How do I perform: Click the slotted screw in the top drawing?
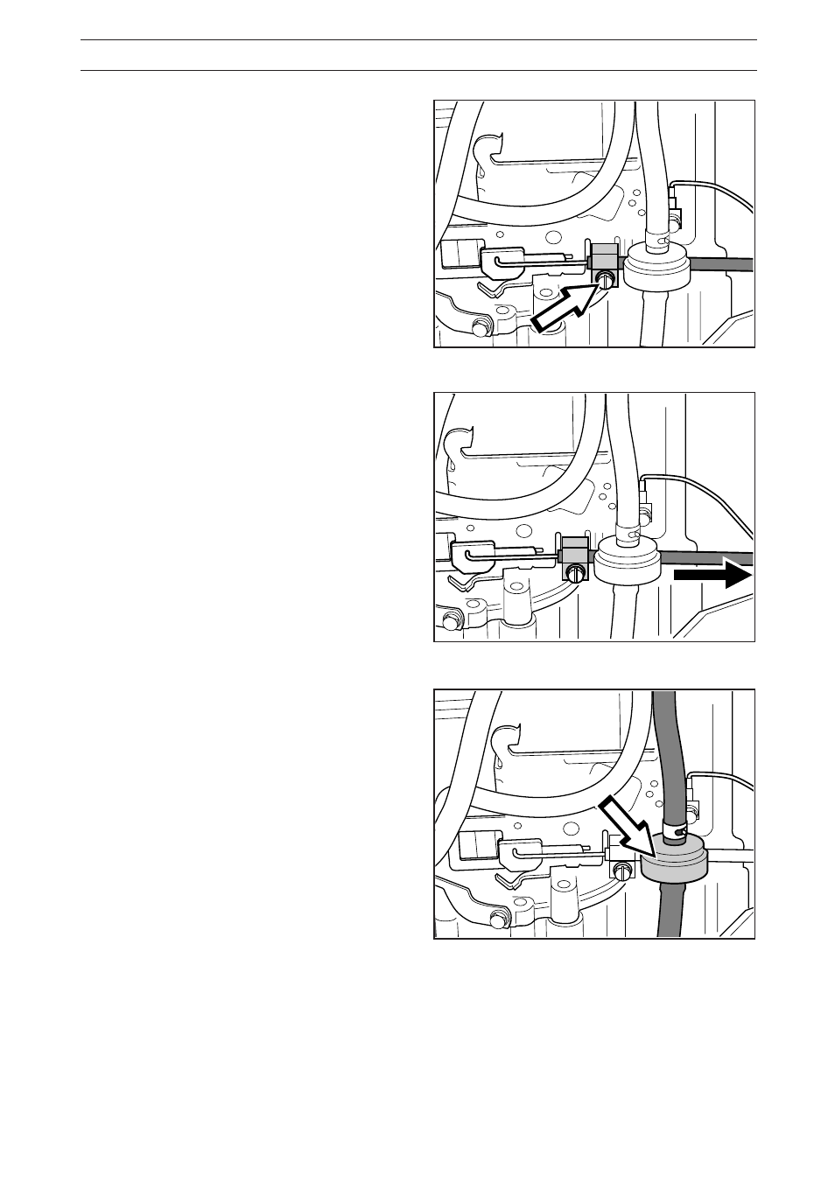coord(605,279)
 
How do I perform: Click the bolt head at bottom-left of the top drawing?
coord(479,328)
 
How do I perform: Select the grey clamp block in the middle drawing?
coord(572,549)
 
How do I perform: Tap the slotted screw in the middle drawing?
coord(575,574)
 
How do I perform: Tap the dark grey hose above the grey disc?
coord(669,752)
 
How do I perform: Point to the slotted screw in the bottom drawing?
coord(622,871)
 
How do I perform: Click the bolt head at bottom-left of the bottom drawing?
coord(499,919)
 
